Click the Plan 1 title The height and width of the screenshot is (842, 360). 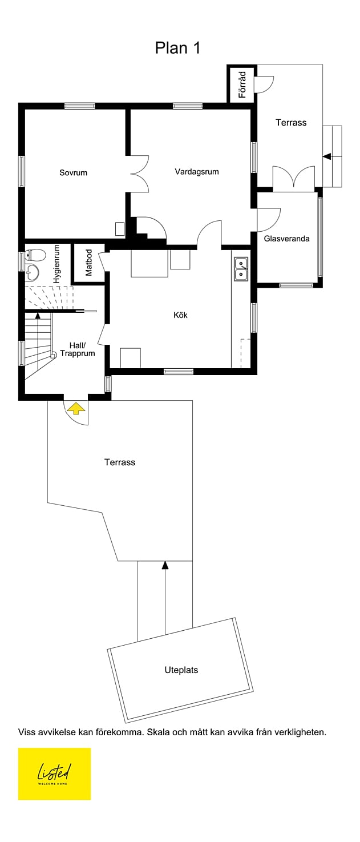pyautogui.click(x=177, y=48)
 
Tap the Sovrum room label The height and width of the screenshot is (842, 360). pyautogui.click(x=73, y=172)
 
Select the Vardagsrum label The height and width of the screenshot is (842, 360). pyautogui.click(x=196, y=172)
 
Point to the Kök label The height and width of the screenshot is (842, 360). pyautogui.click(x=180, y=315)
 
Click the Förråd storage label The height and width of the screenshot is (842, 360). pyautogui.click(x=242, y=84)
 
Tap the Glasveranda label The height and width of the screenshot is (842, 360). pyautogui.click(x=286, y=239)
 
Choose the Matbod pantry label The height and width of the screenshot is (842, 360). pyautogui.click(x=88, y=263)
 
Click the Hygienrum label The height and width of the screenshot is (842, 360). pyautogui.click(x=56, y=264)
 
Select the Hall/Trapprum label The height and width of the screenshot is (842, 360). pyautogui.click(x=78, y=349)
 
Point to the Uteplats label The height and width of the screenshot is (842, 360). pyautogui.click(x=181, y=670)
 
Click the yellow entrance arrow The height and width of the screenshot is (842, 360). pyautogui.click(x=76, y=409)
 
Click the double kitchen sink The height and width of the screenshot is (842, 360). pyautogui.click(x=241, y=269)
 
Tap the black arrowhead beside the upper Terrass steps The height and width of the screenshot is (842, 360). pyautogui.click(x=327, y=156)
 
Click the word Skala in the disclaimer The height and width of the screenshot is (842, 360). pyautogui.click(x=157, y=732)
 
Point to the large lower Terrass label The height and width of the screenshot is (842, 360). pyautogui.click(x=119, y=462)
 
